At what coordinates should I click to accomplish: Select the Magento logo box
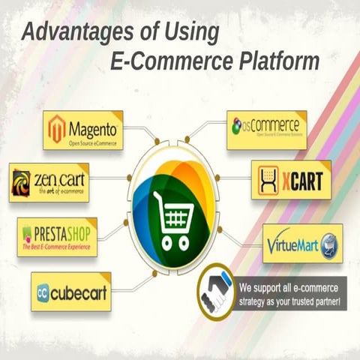coord(82,130)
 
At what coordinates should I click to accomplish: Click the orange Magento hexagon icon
coord(57,128)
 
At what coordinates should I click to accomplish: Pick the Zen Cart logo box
coord(49,182)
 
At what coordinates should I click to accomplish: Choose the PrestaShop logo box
coord(57,236)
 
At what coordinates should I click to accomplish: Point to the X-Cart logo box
coord(291,180)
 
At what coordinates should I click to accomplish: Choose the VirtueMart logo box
coord(302,243)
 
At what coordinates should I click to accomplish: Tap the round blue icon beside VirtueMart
coord(328,244)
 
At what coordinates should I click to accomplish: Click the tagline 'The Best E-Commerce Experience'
coord(57,246)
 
